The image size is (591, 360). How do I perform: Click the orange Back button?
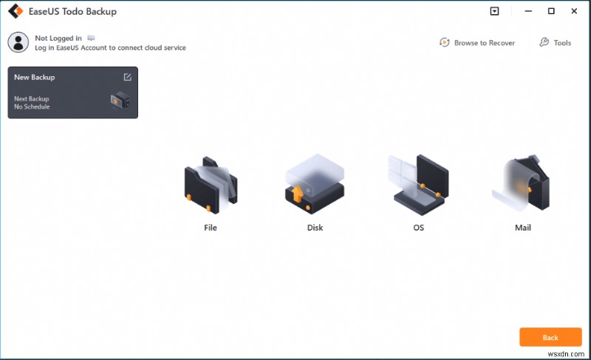[550, 337]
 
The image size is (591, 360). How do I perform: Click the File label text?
[210, 228]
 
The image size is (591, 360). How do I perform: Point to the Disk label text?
[315, 228]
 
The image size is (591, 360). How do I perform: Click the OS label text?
[418, 228]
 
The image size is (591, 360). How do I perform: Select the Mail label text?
[523, 228]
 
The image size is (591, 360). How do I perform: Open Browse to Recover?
[477, 43]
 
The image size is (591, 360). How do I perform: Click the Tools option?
[555, 43]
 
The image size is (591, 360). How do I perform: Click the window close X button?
[573, 12]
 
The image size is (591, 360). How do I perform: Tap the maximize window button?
[551, 12]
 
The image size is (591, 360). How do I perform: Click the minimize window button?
[528, 12]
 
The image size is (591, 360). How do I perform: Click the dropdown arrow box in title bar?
[494, 12]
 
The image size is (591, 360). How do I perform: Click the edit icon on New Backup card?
[127, 77]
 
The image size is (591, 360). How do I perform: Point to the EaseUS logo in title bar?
[13, 12]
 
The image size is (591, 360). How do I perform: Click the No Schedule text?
[32, 107]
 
